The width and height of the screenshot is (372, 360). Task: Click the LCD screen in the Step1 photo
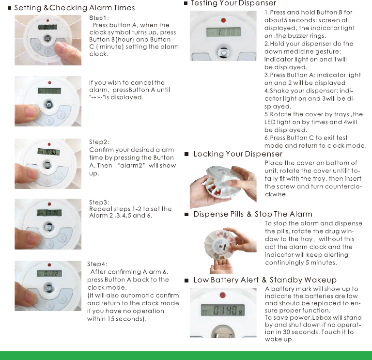tap(47, 28)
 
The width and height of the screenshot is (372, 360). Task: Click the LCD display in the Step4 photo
tap(48, 274)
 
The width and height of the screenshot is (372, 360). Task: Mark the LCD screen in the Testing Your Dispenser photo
tap(223, 32)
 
